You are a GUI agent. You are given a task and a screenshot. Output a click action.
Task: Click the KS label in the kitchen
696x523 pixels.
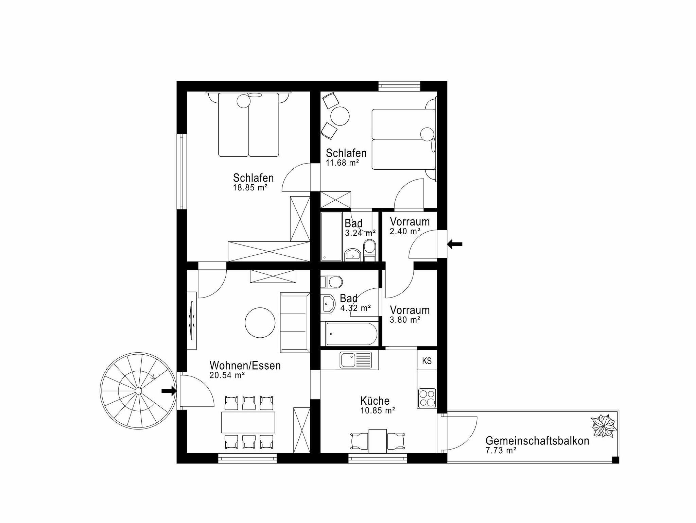(427, 360)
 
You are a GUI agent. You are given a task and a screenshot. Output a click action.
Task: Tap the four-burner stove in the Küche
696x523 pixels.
(427, 398)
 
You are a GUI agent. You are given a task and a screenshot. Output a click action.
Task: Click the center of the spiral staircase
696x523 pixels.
(138, 391)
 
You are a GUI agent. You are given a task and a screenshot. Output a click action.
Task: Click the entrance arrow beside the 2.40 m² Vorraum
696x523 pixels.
(455, 244)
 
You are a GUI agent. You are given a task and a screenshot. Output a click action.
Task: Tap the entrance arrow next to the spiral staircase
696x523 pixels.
(169, 391)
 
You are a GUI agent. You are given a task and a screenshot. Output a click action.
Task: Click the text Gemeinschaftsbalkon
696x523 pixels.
(537, 441)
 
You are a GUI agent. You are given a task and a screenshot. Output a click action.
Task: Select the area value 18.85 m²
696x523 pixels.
(250, 187)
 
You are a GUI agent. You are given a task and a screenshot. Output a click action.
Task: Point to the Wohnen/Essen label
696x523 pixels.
(245, 366)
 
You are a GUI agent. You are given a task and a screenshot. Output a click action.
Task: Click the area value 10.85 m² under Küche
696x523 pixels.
(378, 410)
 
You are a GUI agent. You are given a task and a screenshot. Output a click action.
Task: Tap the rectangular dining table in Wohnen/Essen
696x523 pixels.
(248, 422)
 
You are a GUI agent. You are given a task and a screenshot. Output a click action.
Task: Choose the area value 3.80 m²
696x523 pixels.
(405, 320)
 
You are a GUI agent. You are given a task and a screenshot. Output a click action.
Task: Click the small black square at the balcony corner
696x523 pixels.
(615, 460)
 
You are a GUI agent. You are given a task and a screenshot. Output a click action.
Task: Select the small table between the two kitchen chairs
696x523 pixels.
(378, 441)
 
